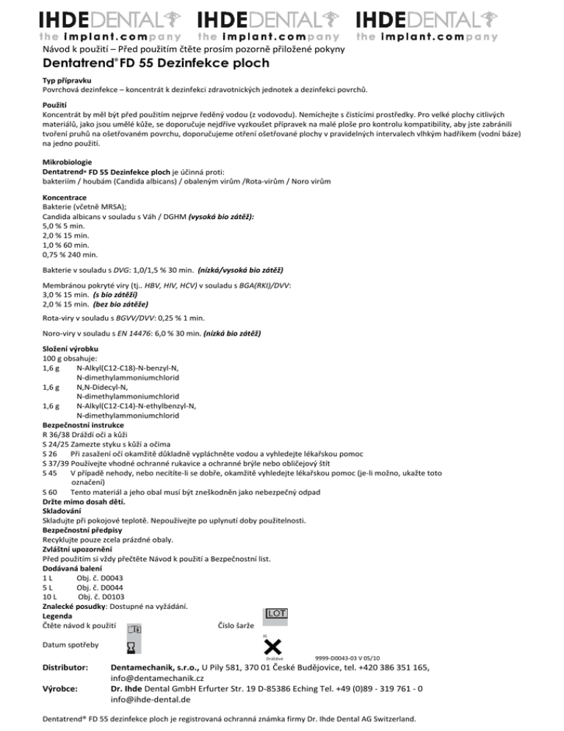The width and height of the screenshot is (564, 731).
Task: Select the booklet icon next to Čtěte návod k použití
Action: pyautogui.click(x=134, y=629)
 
